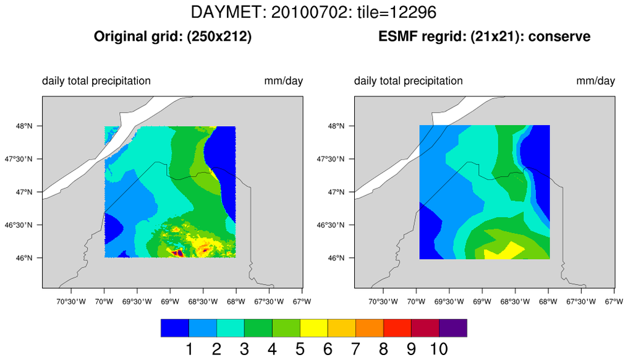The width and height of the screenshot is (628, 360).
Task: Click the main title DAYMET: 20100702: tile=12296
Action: pyautogui.click(x=313, y=12)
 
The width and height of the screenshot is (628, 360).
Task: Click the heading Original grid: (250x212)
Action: pyautogui.click(x=172, y=36)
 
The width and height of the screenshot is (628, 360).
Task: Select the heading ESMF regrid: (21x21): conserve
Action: pyautogui.click(x=484, y=36)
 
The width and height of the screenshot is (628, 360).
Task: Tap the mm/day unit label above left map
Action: pyautogui.click(x=284, y=81)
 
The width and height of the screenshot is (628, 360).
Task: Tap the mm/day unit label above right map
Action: pyautogui.click(x=596, y=81)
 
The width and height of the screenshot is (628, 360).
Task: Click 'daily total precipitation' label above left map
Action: pyautogui.click(x=96, y=81)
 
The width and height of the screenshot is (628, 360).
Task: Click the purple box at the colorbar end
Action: pyautogui.click(x=453, y=328)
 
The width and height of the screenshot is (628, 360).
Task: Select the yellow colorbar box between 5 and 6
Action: pyautogui.click(x=314, y=328)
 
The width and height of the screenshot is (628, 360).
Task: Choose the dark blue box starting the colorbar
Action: pyautogui.click(x=174, y=328)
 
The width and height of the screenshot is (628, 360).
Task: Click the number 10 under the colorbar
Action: pyautogui.click(x=439, y=349)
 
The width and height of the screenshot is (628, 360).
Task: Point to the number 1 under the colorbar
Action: pyautogui.click(x=189, y=349)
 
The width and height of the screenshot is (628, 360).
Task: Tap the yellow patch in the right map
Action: pyautogui.click(x=504, y=250)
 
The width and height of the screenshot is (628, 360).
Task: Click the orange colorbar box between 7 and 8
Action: pyautogui.click(x=370, y=328)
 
